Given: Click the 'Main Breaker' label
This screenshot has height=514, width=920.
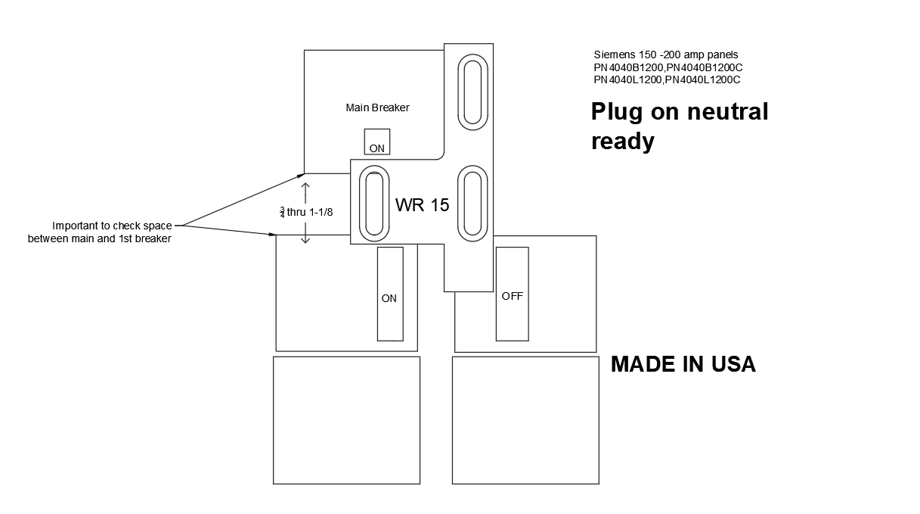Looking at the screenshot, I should (377, 107).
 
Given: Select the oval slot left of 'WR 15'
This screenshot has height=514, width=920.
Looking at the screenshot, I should (373, 202).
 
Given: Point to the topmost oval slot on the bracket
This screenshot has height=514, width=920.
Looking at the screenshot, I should (472, 91).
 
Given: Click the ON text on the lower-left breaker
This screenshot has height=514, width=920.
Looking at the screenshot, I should (389, 298).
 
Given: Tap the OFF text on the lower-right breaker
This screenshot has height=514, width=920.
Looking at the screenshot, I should (512, 296).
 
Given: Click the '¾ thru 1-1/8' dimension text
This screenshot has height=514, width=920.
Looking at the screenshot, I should (306, 212).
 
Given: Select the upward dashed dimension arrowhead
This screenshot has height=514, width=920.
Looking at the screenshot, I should (305, 185).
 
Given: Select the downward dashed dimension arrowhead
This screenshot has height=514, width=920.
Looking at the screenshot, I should (305, 240).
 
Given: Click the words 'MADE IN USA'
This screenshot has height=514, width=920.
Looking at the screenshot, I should (683, 364).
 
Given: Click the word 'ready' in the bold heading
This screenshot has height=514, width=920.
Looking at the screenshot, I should (622, 141).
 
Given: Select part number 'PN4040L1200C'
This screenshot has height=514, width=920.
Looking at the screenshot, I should (702, 79).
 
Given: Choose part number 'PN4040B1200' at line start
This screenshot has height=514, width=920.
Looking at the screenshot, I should (629, 67).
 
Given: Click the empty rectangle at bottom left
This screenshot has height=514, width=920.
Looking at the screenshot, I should (346, 420).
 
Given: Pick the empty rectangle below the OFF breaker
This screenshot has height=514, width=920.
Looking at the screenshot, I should (525, 420).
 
